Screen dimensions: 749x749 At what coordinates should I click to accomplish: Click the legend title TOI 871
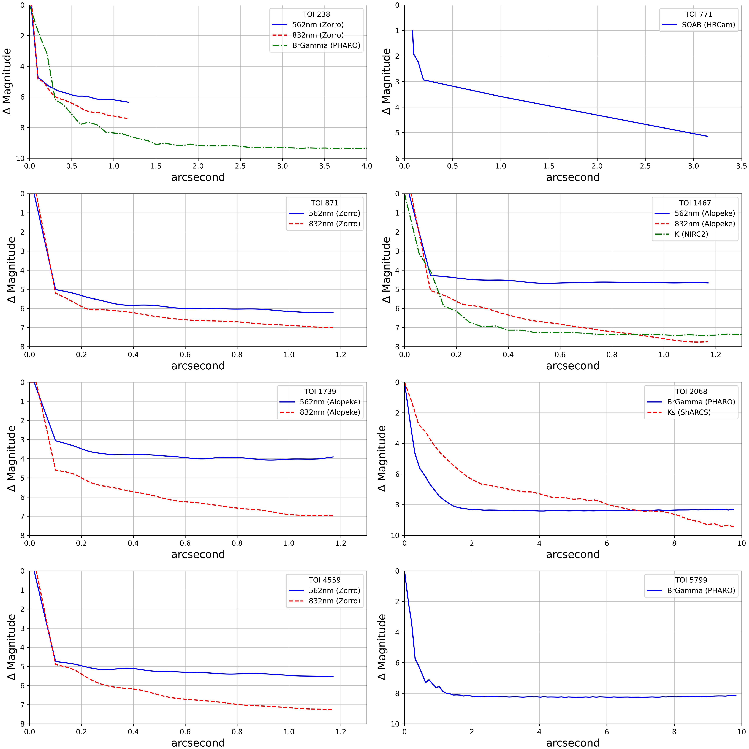(x=324, y=203)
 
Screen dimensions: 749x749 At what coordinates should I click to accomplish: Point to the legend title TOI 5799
(x=691, y=580)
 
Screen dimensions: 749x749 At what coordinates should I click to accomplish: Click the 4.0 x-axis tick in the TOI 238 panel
(x=366, y=166)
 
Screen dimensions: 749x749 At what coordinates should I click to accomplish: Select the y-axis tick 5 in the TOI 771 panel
(x=397, y=133)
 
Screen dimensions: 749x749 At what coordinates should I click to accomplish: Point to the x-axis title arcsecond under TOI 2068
(x=573, y=554)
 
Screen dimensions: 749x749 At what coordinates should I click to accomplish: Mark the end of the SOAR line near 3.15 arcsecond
(x=708, y=137)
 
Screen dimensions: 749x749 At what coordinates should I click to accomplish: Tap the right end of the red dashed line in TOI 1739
(x=333, y=516)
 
